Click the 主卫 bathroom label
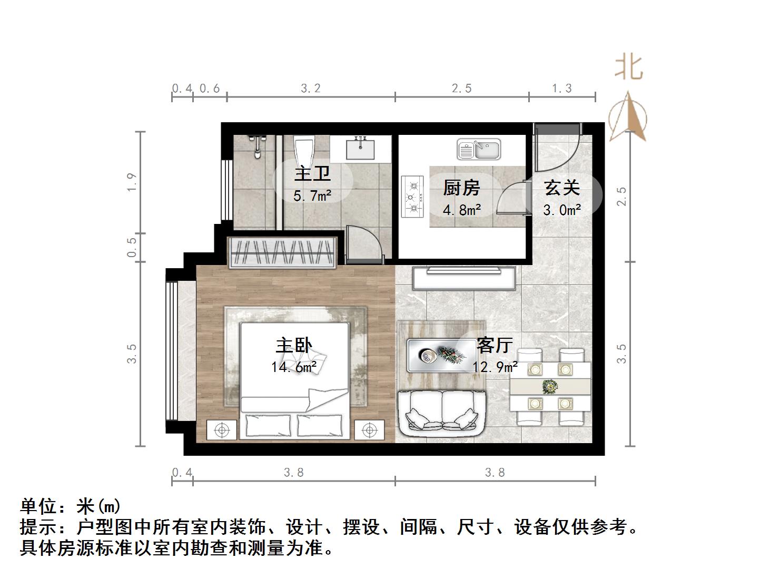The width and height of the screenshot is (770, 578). [312, 173]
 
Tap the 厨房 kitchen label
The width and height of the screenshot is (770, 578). [461, 188]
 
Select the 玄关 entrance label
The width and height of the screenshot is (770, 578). [562, 188]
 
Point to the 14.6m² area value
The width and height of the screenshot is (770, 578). [294, 367]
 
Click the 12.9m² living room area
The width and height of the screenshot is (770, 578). [495, 367]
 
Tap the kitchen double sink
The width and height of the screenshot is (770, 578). [479, 149]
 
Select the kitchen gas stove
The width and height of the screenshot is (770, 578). [413, 197]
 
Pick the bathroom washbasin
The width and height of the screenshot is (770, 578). [360, 148]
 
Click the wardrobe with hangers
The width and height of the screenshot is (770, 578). [283, 252]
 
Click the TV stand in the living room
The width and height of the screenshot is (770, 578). [465, 278]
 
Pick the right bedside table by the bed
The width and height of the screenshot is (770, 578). [370, 430]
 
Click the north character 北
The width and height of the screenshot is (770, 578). [629, 67]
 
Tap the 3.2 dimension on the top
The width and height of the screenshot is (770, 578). [311, 88]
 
